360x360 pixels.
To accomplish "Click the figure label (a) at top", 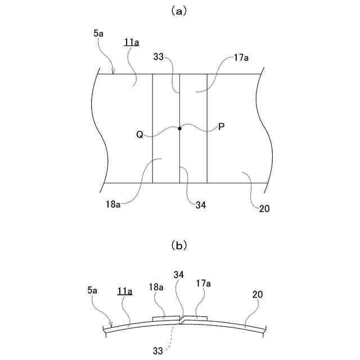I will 179,10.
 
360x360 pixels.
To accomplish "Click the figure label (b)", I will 179,245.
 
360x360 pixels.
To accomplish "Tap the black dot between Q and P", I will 180,129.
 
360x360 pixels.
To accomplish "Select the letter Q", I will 139,134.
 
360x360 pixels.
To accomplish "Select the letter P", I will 221,127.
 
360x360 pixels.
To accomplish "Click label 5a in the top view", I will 98,34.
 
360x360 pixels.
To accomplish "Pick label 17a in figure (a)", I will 241,57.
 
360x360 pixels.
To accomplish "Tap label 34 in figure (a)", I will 200,205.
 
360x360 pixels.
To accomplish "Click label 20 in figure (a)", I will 264,208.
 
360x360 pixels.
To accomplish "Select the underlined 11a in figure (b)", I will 124,291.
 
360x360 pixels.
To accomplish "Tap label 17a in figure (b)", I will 203,283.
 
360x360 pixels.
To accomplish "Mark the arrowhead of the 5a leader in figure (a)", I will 113,73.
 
